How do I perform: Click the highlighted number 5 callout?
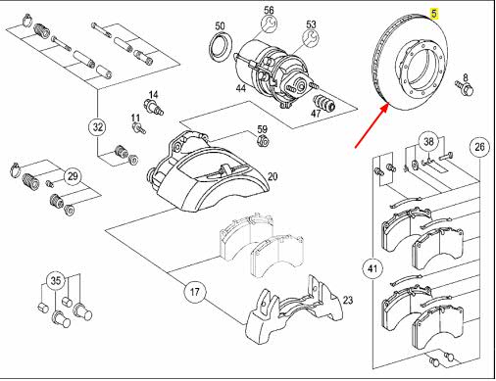(434, 14)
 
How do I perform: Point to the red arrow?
(372, 125)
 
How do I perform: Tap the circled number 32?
(98, 127)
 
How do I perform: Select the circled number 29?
(73, 176)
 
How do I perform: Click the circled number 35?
(56, 281)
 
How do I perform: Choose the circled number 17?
(195, 292)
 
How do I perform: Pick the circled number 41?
(372, 268)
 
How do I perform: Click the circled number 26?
(479, 147)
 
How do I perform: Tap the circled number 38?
(428, 142)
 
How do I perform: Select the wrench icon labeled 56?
(270, 24)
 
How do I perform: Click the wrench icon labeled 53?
(312, 37)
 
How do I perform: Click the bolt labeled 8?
(464, 87)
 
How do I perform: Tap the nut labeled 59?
(263, 141)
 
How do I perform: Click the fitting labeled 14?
(153, 108)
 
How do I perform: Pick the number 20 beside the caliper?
(273, 177)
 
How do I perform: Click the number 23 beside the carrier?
(348, 300)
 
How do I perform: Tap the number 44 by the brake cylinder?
(241, 88)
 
